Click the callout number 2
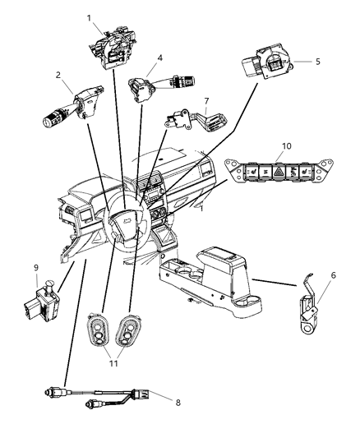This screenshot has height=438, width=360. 58,76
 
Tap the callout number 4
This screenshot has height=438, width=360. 161,58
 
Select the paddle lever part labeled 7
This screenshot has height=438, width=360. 186,120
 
